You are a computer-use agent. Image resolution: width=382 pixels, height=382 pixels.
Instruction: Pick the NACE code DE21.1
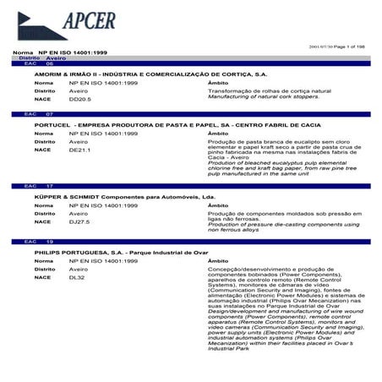pos(79,150)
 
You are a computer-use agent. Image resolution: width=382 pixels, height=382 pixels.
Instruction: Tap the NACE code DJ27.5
pos(79,221)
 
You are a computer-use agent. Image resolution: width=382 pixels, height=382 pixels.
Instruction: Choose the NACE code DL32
pos(77,276)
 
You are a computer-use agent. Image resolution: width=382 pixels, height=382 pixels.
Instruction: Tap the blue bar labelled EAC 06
pos(191,64)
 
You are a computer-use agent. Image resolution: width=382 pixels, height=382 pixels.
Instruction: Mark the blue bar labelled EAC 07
pos(191,114)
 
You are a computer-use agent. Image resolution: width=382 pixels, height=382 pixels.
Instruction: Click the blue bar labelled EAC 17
pos(191,186)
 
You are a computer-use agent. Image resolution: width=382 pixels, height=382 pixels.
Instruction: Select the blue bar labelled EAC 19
pos(191,242)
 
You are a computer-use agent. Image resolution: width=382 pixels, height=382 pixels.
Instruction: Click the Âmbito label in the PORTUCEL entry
pos(218,134)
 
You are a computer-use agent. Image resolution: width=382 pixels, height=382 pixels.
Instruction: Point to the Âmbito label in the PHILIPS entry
pos(218,261)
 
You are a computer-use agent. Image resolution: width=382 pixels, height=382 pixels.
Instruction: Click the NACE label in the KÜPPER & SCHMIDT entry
pos(42,221)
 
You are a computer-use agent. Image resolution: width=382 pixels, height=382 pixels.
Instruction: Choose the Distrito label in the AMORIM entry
pos(46,90)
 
